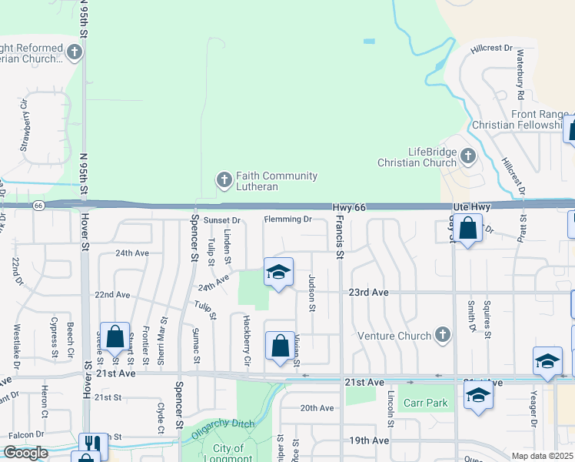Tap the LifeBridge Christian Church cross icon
coord(467,158)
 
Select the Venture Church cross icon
coord(441,335)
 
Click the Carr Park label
coord(425,403)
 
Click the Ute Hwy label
coord(470,208)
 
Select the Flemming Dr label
coord(287,219)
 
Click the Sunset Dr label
coord(222,220)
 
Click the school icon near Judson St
coord(279,272)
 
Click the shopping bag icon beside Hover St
coord(115,336)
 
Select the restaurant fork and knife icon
coord(93,444)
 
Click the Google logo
coord(25,453)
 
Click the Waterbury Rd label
coord(520,73)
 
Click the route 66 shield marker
coord(38,206)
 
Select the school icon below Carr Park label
coord(478,395)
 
